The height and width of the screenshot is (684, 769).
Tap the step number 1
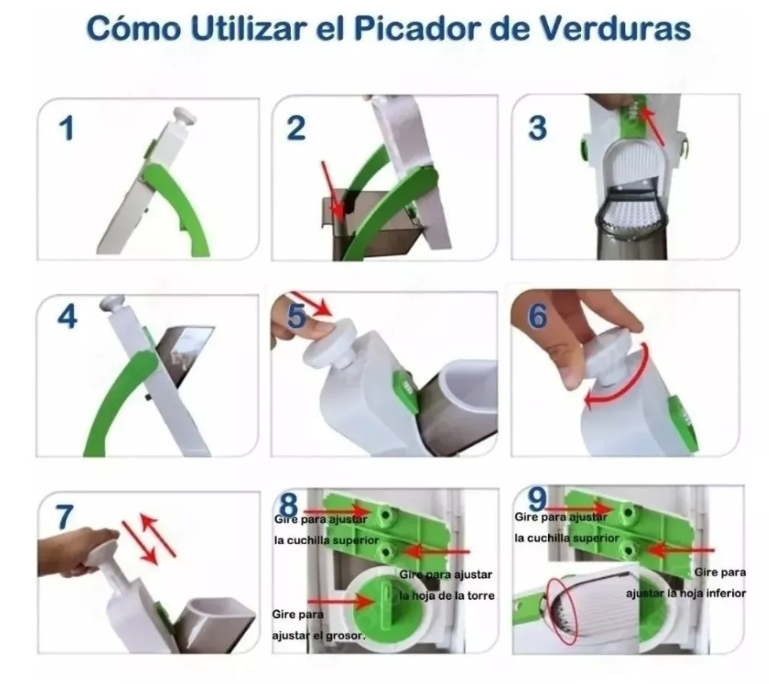(68, 127)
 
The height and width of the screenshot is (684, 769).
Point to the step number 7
(64, 517)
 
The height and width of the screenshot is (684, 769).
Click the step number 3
(537, 127)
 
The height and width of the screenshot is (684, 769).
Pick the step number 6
(538, 317)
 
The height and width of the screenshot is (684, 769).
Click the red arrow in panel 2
(331, 189)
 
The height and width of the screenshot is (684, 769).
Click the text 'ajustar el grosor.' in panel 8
(318, 634)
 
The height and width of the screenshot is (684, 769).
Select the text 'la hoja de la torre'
(447, 595)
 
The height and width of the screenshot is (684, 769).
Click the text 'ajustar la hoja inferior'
(686, 593)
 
